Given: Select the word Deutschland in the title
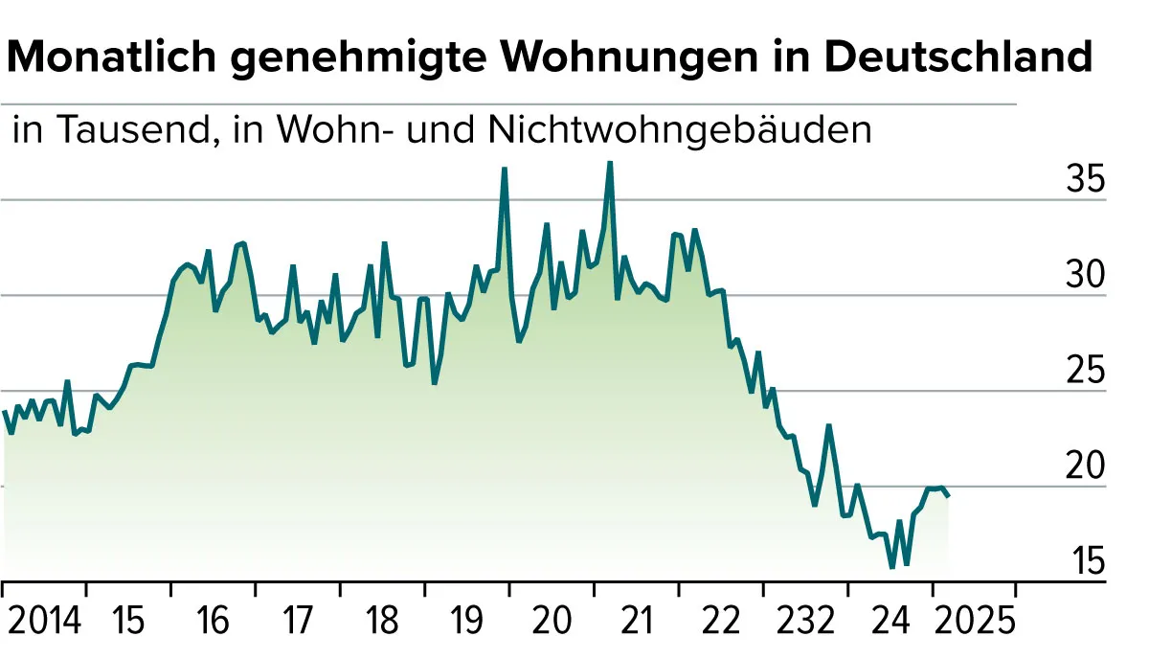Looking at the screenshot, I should coord(957,58).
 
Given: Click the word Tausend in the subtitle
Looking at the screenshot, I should coord(128,129).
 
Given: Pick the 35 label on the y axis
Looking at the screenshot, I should coord(1085,179).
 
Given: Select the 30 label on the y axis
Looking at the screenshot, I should coord(1085,275).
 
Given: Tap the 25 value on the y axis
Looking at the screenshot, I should coord(1085,371).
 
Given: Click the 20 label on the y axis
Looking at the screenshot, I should coord(1085,466).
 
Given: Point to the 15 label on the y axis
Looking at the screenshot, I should coord(1085,560).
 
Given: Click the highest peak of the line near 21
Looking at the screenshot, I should coord(610,163).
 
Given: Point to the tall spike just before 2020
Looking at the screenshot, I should coord(504,169).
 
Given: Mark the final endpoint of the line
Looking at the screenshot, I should coord(948,495).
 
